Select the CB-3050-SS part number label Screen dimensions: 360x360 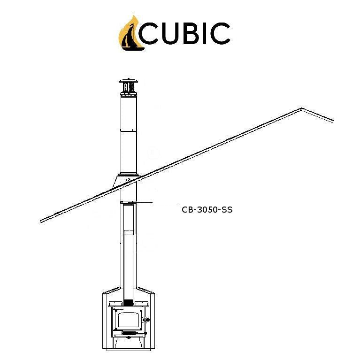coord(207,210)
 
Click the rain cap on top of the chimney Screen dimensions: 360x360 coord(128,86)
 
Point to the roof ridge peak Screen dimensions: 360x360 coord(302,109)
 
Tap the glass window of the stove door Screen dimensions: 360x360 coord(128,321)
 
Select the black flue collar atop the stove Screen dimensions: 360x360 coord(128,302)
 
